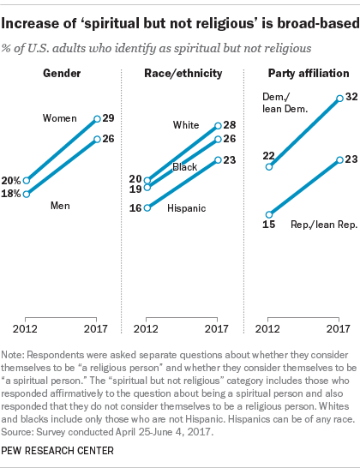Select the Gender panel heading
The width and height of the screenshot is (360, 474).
point(63,73)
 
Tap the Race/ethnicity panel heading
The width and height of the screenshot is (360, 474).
point(181,73)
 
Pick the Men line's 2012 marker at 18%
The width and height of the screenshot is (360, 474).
point(27,194)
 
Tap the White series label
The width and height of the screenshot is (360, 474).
point(186,124)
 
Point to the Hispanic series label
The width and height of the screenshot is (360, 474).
point(186,208)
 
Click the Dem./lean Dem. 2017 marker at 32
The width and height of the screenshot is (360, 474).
point(340,99)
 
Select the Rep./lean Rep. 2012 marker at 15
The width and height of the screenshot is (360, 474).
point(269,214)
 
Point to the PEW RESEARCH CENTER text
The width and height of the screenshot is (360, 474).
point(61,459)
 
